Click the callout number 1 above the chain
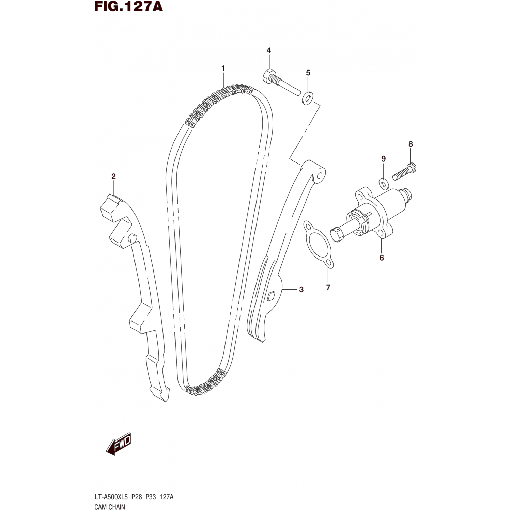(x=223, y=68)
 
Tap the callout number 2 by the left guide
(x=113, y=176)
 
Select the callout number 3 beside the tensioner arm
(x=301, y=289)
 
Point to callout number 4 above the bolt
(x=269, y=50)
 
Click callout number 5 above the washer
(x=308, y=73)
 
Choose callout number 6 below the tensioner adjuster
(x=382, y=258)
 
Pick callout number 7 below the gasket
(x=328, y=288)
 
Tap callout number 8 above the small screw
(x=411, y=144)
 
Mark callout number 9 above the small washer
(x=383, y=159)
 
